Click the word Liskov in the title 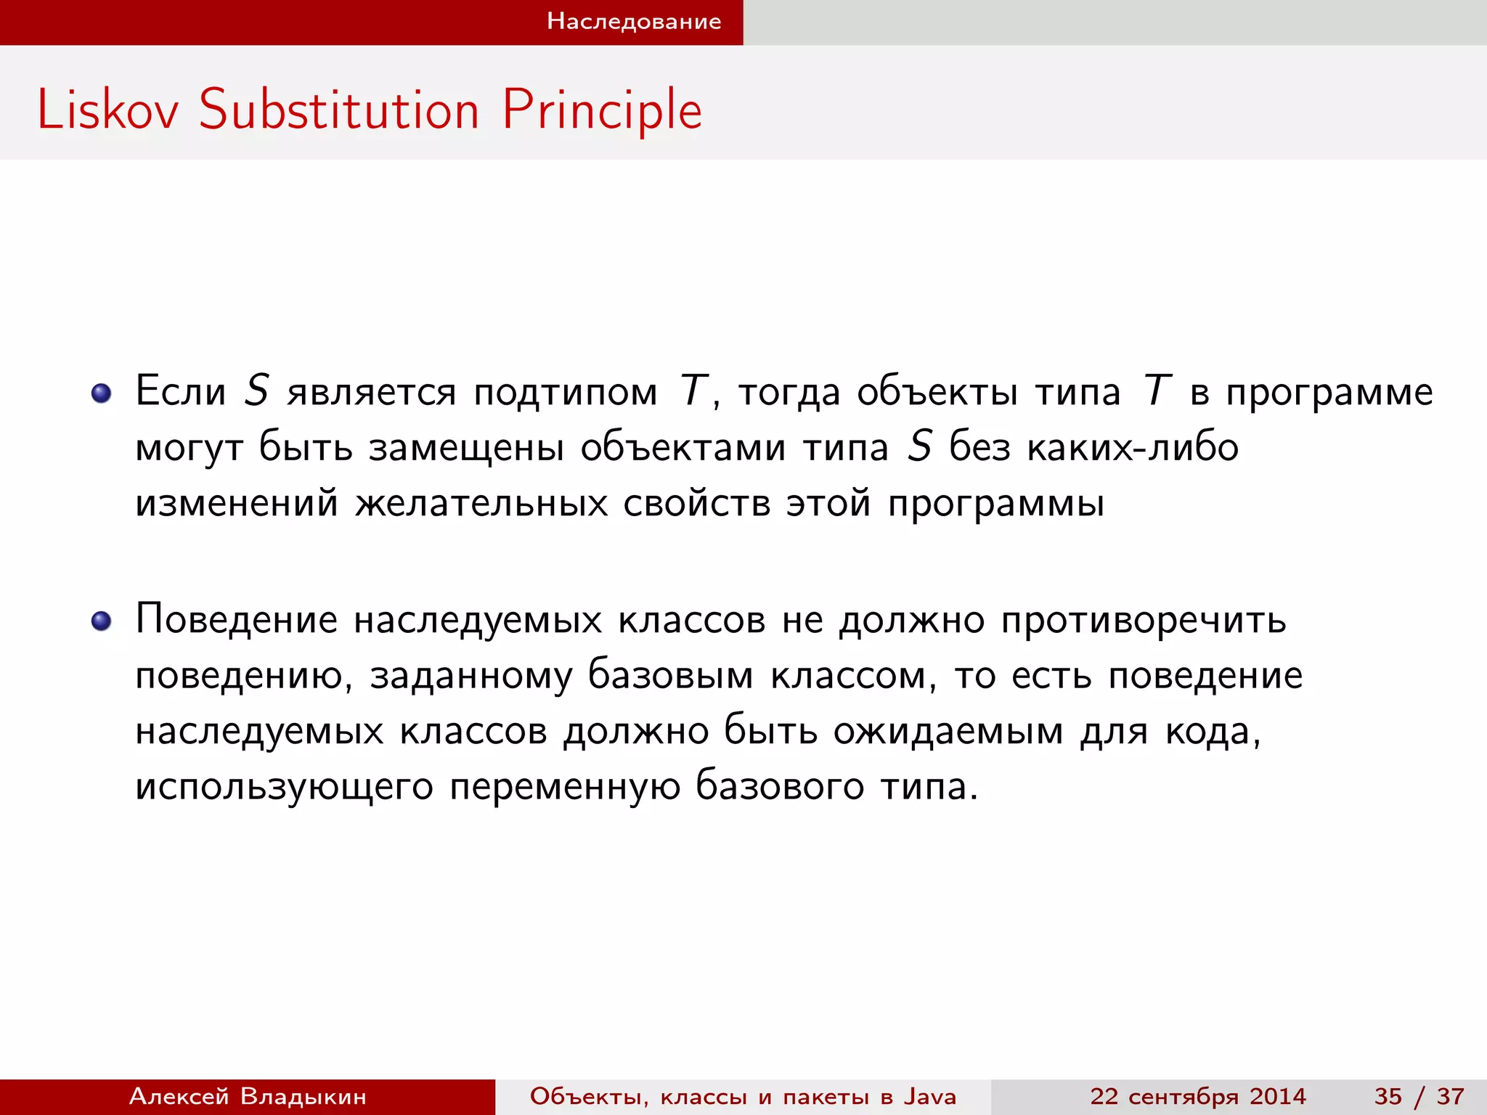[x=107, y=110]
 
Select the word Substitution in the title [x=338, y=110]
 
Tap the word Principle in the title [x=602, y=110]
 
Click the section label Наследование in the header [x=634, y=21]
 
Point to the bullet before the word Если [x=101, y=393]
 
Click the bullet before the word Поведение [x=101, y=621]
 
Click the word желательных [x=481, y=502]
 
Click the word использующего [x=284, y=787]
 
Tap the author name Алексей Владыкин [x=248, y=1096]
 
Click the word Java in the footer [x=930, y=1096]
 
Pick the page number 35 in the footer [x=1388, y=1096]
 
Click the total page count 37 [x=1450, y=1096]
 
